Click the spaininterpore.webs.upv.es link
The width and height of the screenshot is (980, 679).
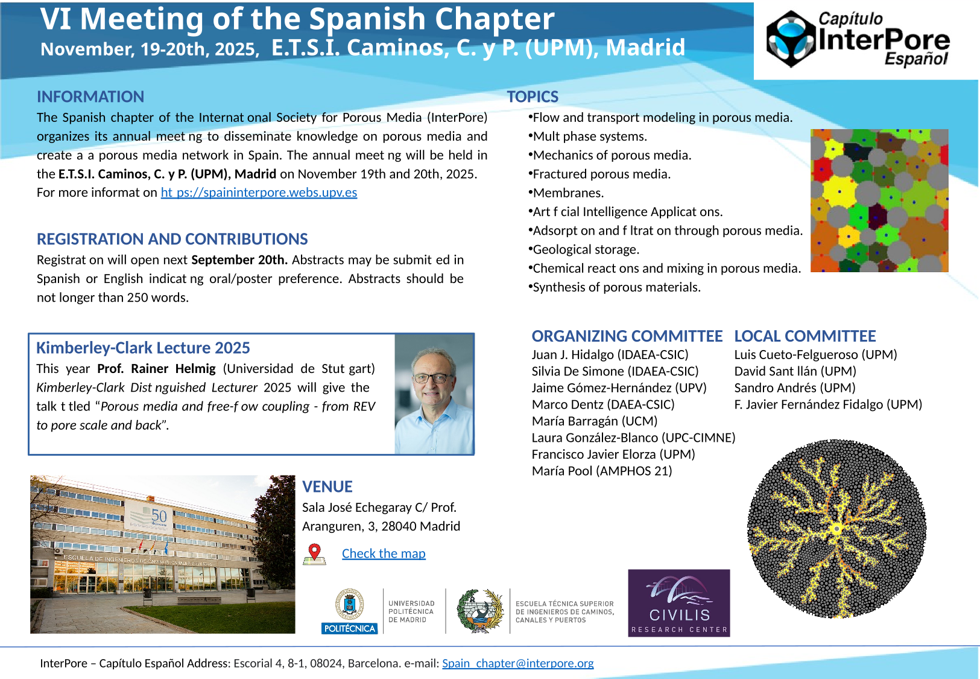[259, 193]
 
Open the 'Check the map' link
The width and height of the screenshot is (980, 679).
[384, 553]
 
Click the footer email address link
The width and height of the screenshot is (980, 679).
[517, 663]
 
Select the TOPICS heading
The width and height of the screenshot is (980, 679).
[533, 97]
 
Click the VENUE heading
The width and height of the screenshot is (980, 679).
[327, 486]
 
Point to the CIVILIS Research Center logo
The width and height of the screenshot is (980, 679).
[679, 603]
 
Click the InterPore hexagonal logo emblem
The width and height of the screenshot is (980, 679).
[791, 39]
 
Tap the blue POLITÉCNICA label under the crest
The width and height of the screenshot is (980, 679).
[350, 628]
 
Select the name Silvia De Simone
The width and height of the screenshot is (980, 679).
[615, 371]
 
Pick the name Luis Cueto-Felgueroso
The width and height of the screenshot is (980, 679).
[815, 355]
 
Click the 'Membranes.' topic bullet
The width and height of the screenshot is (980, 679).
[567, 193]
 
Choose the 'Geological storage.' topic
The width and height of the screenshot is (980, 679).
[585, 249]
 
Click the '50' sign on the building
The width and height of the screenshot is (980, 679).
[159, 515]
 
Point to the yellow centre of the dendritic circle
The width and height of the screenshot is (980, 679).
[836, 529]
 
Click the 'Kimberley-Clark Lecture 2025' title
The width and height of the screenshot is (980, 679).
[143, 348]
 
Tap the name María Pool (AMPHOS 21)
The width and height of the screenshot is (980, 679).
[601, 471]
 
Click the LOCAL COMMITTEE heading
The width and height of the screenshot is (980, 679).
[805, 336]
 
